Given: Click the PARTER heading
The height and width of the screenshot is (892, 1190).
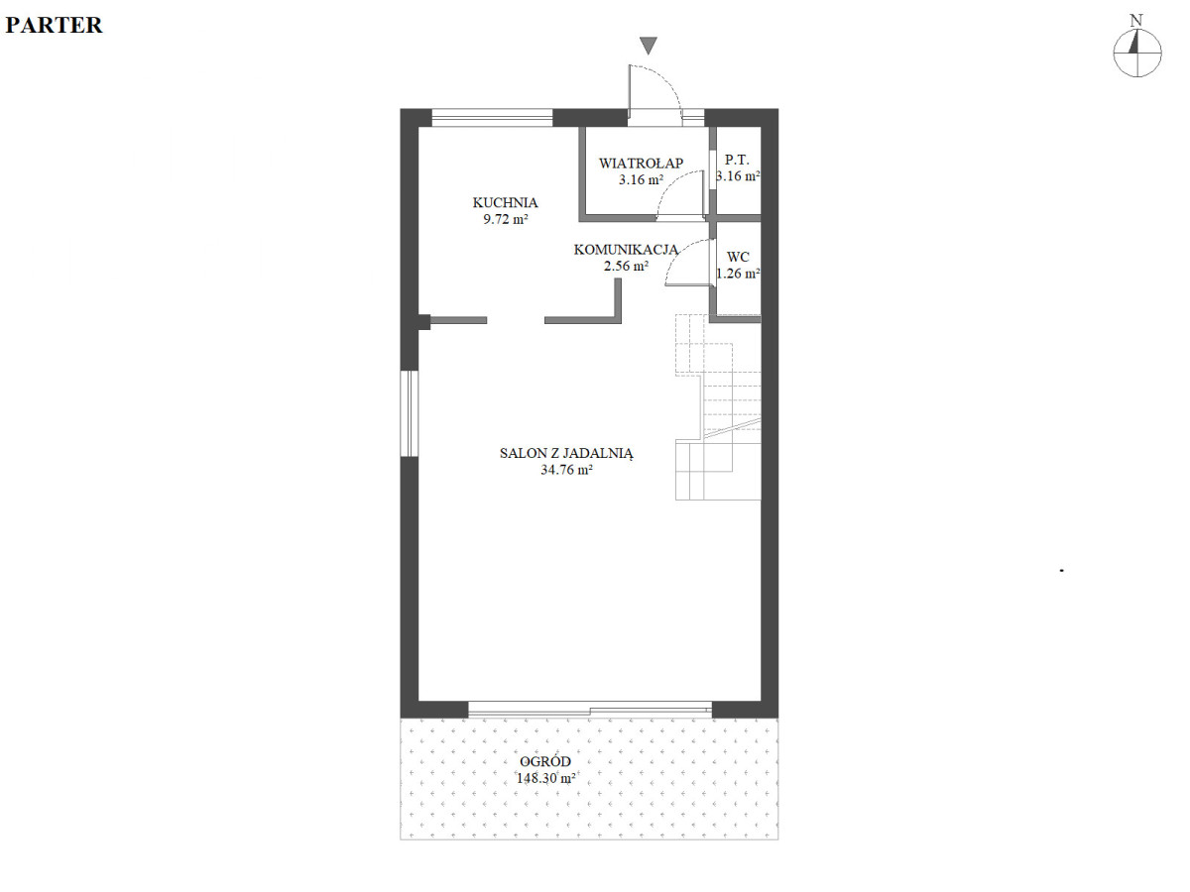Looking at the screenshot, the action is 54,26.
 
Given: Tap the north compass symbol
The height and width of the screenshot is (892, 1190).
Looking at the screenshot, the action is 1137,54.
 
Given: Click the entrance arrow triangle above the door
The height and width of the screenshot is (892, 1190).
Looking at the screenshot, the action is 649,46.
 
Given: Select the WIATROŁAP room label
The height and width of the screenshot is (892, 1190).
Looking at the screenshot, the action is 641,163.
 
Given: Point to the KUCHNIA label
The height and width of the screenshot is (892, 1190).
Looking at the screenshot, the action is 506,202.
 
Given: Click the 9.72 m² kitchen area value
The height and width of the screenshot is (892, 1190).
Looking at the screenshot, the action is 506,219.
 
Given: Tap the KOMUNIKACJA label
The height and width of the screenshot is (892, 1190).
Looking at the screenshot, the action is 626,250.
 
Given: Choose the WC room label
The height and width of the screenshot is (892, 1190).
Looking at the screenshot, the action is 738,257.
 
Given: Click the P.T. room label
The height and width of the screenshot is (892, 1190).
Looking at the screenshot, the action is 737,160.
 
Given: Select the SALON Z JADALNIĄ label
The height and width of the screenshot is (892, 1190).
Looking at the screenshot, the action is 566,453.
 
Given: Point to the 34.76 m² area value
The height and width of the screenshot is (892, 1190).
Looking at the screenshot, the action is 566,470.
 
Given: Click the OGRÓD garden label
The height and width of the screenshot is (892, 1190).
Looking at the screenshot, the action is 545,761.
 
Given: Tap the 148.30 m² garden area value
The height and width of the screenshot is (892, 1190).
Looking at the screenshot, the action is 545,778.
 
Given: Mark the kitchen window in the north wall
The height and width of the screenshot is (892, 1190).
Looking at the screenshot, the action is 492,118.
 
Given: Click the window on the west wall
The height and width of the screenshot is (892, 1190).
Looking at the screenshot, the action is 410,413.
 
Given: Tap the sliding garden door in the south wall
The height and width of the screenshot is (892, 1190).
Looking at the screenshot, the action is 590,709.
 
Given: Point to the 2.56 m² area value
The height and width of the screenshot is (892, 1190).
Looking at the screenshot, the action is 626,266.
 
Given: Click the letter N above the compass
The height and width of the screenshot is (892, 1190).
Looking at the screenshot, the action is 1136,21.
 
